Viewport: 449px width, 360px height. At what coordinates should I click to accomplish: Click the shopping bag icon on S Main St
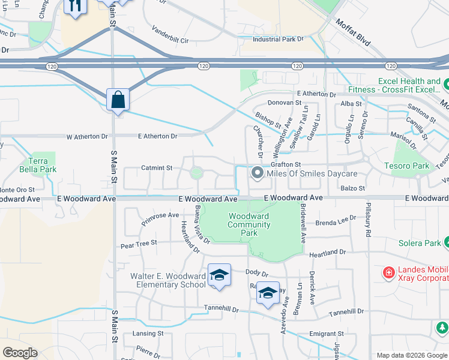pos(118,99)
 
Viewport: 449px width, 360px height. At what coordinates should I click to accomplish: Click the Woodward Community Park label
pos(249,225)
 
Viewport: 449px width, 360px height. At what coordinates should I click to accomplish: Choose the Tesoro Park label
pos(407,166)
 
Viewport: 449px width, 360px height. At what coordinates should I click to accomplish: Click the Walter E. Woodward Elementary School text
pos(168,280)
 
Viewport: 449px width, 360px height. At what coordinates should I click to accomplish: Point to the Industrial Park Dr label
pos(279,40)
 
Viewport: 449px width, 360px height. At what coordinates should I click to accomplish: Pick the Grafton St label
pos(285,164)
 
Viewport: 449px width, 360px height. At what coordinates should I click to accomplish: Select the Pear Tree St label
pos(138,244)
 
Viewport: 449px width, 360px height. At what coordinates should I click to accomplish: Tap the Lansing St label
pos(148,334)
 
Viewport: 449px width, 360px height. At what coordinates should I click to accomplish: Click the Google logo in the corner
pos(20,353)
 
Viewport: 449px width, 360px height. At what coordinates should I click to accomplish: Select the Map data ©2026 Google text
pos(411,355)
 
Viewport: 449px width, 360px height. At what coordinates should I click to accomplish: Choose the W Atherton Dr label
pos(86,137)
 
